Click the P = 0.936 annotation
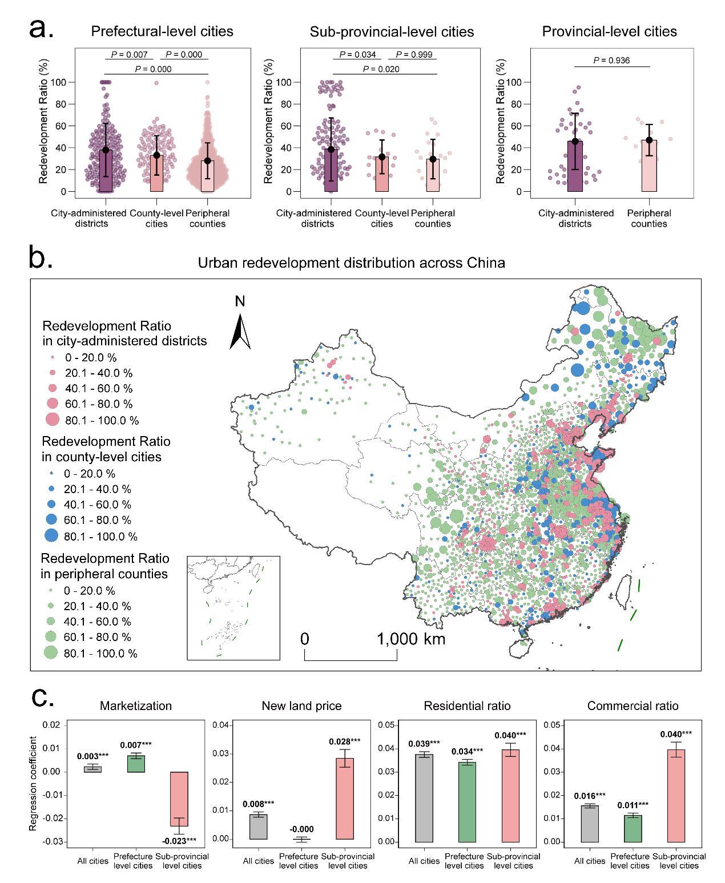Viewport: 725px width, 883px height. (611, 60)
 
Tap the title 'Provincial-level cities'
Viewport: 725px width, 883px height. (609, 31)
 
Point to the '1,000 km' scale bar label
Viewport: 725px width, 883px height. (411, 639)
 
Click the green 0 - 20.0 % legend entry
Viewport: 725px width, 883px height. (52, 591)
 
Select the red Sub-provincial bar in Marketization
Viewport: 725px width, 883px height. (179, 799)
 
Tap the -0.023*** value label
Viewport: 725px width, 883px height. (179, 840)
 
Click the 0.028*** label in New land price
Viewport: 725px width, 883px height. (344, 741)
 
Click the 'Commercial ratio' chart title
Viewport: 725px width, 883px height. (633, 706)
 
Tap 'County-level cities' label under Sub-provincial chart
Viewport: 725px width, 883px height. (382, 218)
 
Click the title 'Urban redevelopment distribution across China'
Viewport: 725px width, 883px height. (351, 263)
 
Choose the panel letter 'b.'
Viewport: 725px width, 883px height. (41, 259)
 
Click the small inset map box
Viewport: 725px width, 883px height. (233, 608)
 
